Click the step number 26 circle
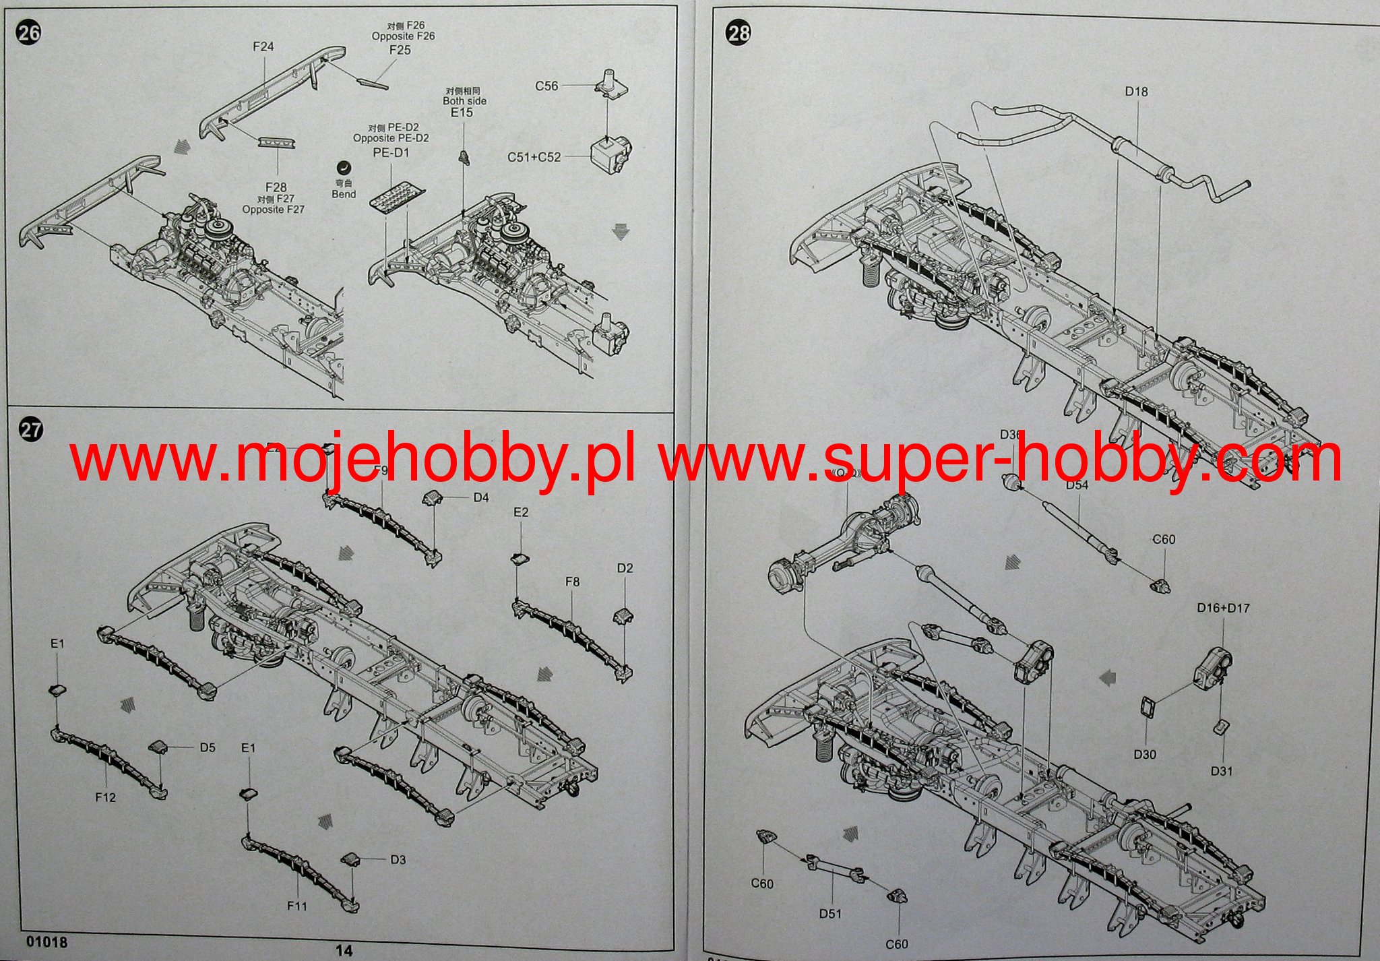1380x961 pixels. (x=29, y=33)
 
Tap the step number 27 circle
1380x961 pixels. (x=31, y=430)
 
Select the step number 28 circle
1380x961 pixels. (x=739, y=33)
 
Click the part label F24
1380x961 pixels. (x=263, y=46)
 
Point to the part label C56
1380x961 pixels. (x=546, y=86)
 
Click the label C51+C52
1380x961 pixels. (x=534, y=157)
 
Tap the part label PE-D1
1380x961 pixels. (x=391, y=152)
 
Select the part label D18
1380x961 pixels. (x=1136, y=91)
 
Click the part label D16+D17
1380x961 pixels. (x=1223, y=608)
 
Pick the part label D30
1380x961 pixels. (x=1145, y=754)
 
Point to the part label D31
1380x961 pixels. (x=1222, y=771)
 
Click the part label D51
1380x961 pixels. (x=830, y=914)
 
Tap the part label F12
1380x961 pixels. (x=105, y=797)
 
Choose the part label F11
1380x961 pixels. (x=297, y=906)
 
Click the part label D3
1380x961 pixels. (x=398, y=859)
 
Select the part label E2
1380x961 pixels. (x=521, y=512)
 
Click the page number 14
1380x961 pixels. (x=344, y=950)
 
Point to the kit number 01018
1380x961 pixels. (x=47, y=941)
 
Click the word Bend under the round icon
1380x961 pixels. (x=344, y=194)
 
